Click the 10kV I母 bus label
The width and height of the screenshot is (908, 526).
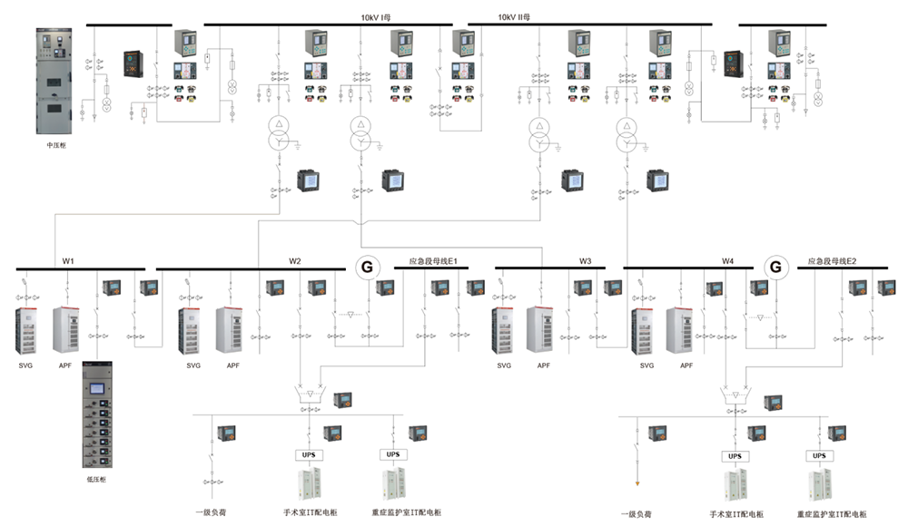pos(374,16)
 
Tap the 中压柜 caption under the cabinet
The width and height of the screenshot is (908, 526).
pos(56,144)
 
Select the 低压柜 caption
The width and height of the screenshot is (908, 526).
pos(96,479)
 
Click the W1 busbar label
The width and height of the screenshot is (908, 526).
pos(68,261)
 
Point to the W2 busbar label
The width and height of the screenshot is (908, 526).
pos(295,261)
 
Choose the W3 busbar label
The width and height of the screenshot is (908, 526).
pos(586,261)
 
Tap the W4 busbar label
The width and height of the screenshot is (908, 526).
pos(728,261)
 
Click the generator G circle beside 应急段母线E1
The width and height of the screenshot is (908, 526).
pos(367,268)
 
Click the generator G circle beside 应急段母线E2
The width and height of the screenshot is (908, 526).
pos(775,268)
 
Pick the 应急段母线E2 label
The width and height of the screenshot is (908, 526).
pos(833,261)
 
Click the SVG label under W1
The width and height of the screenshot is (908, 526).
pos(25,365)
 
